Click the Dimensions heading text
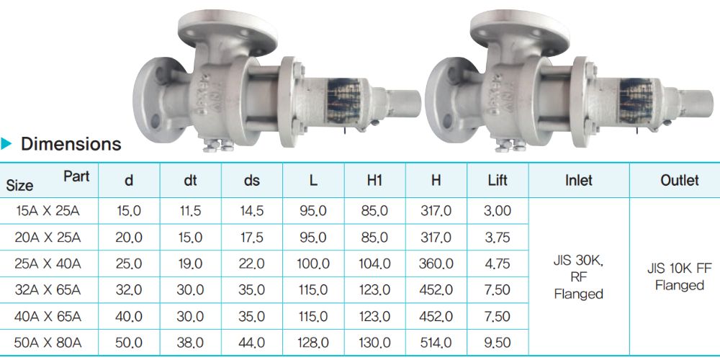click(71, 144)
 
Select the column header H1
click(374, 181)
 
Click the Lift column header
click(498, 181)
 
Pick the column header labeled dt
click(190, 181)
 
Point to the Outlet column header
click(679, 181)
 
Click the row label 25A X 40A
click(48, 264)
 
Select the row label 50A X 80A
click(48, 343)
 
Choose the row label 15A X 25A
click(48, 211)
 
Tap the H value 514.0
click(436, 343)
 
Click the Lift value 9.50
click(498, 343)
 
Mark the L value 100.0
click(313, 264)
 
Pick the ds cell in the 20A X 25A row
click(252, 238)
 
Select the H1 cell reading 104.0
click(374, 264)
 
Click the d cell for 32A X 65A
click(129, 291)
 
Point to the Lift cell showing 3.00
click(498, 211)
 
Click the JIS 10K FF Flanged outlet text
click(679, 278)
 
